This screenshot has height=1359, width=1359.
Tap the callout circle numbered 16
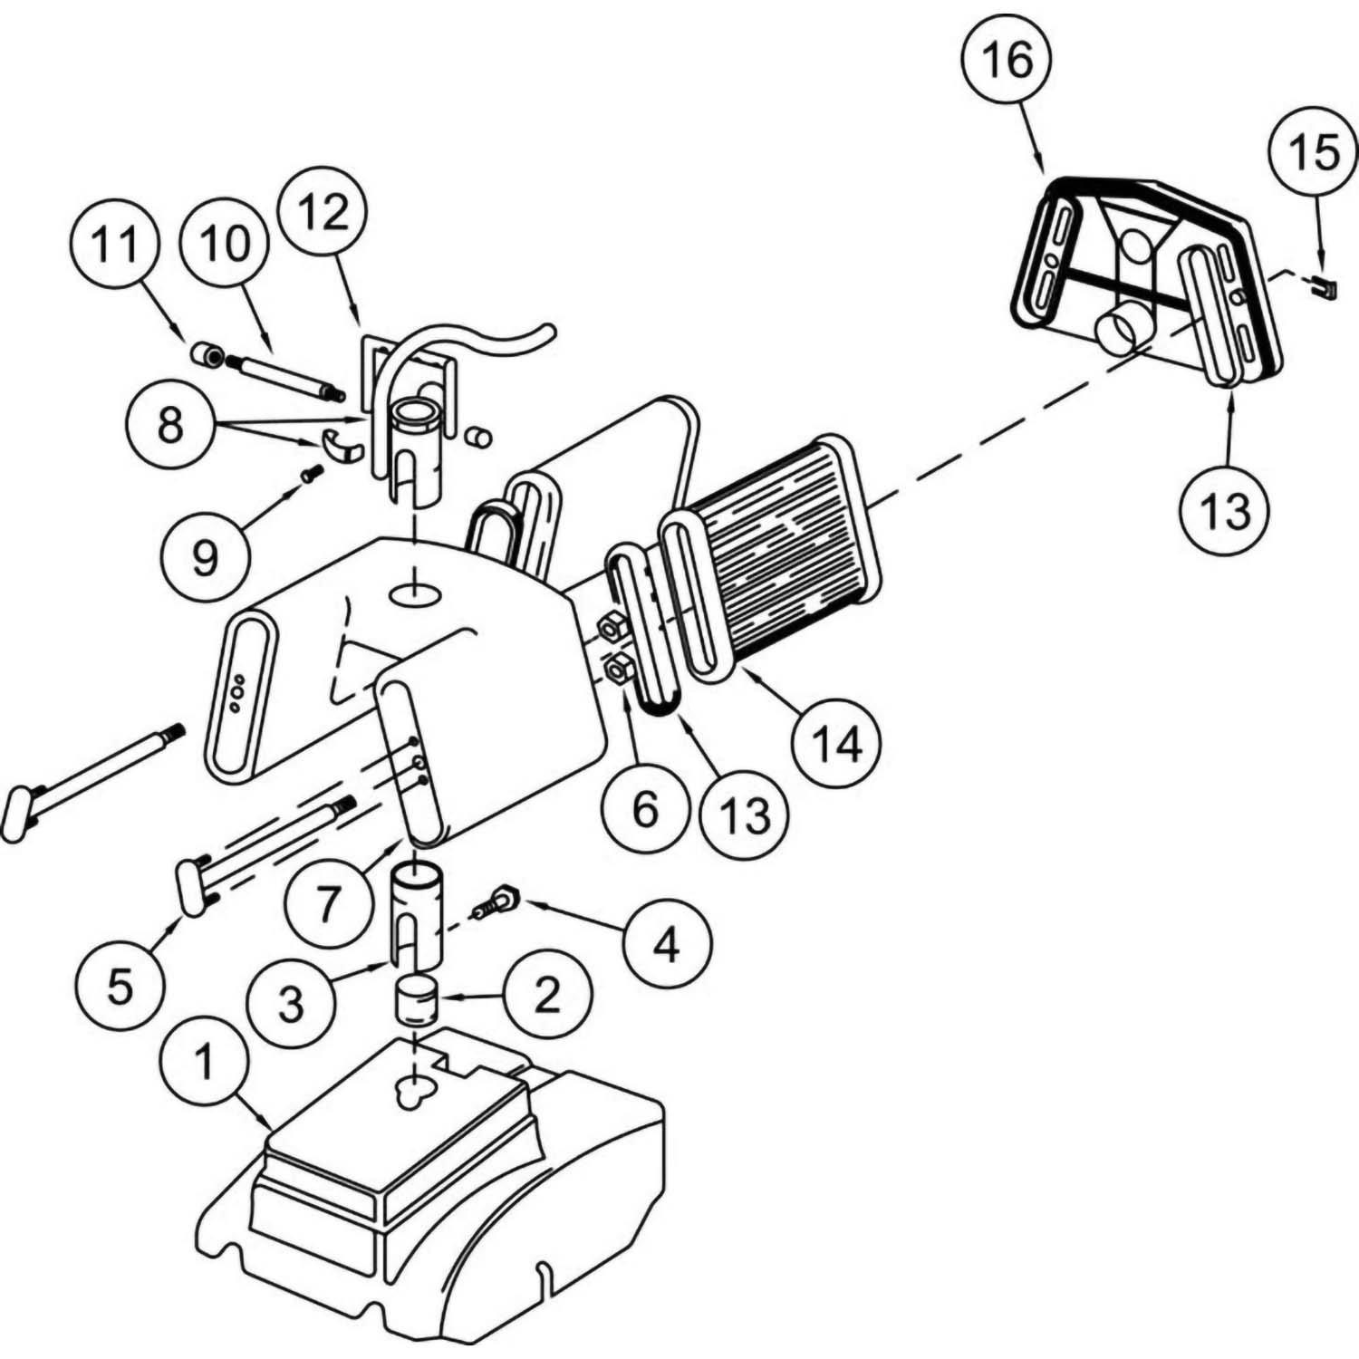1007,61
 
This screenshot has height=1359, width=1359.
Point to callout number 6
644,809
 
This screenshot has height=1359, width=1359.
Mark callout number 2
547,996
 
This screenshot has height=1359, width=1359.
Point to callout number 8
170,424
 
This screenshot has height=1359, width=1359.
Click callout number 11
117,245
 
